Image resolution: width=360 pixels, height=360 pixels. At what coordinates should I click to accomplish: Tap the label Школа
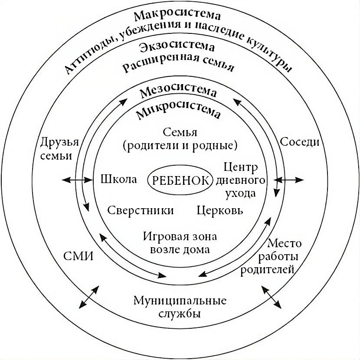pyautogui.click(x=118, y=180)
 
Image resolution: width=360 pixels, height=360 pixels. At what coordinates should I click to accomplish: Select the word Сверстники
pyautogui.click(x=140, y=211)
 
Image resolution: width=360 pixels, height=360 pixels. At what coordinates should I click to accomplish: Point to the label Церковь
pyautogui.click(x=219, y=211)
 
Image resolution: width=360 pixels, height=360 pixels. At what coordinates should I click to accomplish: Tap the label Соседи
pyautogui.click(x=299, y=142)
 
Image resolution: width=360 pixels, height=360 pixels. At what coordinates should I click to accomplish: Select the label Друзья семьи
pyautogui.click(x=59, y=149)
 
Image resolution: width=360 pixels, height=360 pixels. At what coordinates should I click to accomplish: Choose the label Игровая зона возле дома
pyautogui.click(x=179, y=243)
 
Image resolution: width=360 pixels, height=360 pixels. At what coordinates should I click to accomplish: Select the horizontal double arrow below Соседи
pyautogui.click(x=289, y=179)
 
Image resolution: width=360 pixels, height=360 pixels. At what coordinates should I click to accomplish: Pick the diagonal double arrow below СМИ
pyautogui.click(x=88, y=297)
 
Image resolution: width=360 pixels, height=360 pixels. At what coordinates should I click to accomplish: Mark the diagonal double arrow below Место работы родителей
pyautogui.click(x=272, y=297)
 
